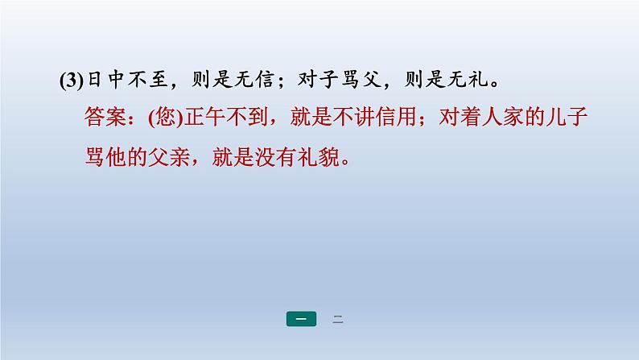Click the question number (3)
tap(71, 81)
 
